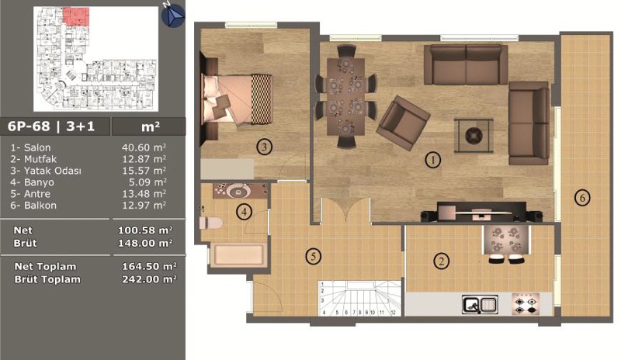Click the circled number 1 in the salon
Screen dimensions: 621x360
click(x=433, y=160)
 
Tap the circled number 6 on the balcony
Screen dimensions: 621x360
click(x=582, y=198)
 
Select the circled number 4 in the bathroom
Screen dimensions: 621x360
click(x=244, y=212)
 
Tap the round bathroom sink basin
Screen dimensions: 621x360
click(x=238, y=192)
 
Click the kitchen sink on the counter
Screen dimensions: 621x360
click(x=480, y=305)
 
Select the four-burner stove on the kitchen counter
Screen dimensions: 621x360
click(x=526, y=304)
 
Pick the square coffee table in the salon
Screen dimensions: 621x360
click(x=474, y=136)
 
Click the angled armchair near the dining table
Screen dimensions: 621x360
click(x=403, y=123)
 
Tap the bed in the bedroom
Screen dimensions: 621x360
click(x=237, y=99)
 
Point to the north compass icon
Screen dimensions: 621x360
click(x=173, y=16)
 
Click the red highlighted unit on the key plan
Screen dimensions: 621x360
click(x=76, y=16)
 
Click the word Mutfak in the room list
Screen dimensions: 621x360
click(x=40, y=159)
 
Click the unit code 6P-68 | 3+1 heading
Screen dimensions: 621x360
click(x=51, y=126)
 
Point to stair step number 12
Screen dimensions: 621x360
click(x=393, y=313)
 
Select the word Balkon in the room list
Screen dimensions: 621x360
click(x=40, y=206)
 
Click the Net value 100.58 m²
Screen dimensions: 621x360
click(x=145, y=230)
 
